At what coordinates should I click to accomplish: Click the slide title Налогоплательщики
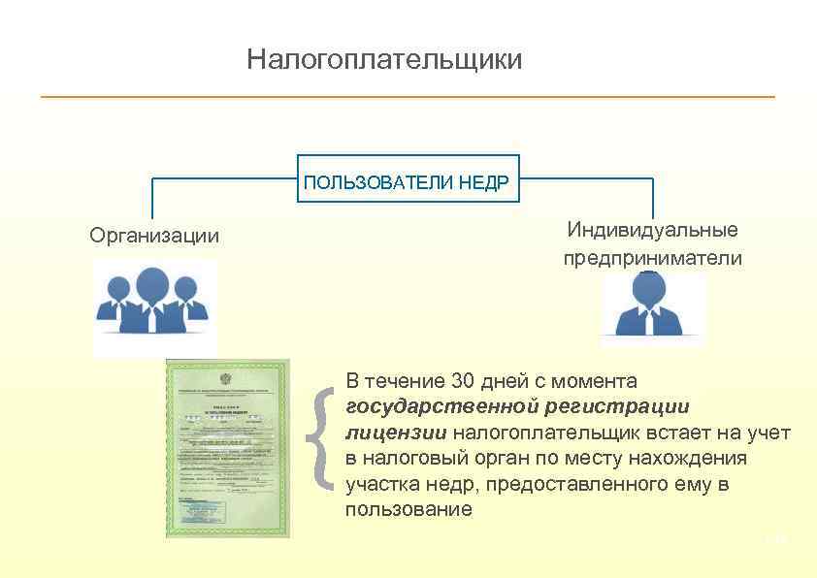[x=384, y=60]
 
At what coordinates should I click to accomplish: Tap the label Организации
[x=154, y=236]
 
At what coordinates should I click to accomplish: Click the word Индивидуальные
[x=653, y=230]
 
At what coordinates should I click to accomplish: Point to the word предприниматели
[x=653, y=258]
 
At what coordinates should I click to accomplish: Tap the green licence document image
[x=228, y=447]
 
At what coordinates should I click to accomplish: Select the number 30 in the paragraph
[x=452, y=379]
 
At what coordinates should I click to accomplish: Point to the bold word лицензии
[x=396, y=432]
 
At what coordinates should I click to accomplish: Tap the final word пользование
[x=408, y=509]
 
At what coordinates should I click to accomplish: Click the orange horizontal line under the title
[x=408, y=97]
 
